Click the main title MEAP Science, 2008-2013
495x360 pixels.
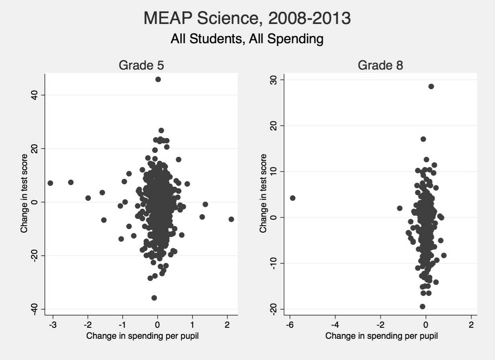[247, 18]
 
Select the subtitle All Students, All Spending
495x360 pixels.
[247, 39]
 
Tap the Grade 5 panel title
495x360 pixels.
[141, 66]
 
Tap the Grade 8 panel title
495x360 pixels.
[380, 66]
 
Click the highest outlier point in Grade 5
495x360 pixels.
[158, 79]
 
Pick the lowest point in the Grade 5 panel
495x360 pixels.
[154, 298]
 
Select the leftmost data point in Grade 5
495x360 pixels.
[50, 183]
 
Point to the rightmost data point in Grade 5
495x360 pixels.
[231, 219]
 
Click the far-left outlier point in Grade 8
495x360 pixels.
[292, 198]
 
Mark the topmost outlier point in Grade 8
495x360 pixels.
[431, 86]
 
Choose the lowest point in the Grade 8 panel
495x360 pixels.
[422, 307]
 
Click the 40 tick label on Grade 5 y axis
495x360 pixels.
[34, 95]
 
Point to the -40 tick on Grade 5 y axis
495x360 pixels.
[34, 309]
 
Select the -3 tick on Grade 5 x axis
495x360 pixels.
[52, 325]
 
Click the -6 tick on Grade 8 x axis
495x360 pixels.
[290, 325]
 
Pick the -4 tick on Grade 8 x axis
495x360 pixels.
[335, 325]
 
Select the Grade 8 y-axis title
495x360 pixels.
[263, 193]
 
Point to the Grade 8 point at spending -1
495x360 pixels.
[400, 208]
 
